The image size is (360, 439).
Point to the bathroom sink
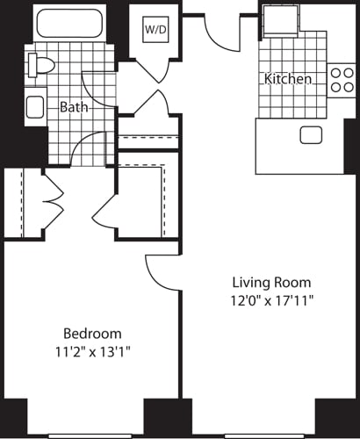coord(35,107)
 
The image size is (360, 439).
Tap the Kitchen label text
coord(287,79)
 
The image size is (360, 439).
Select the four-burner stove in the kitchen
coord(341,81)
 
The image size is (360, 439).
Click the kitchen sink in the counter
coord(310,134)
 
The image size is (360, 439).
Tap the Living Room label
coord(270,283)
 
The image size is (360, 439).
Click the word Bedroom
coord(91,334)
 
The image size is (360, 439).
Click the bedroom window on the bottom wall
coord(85,435)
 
